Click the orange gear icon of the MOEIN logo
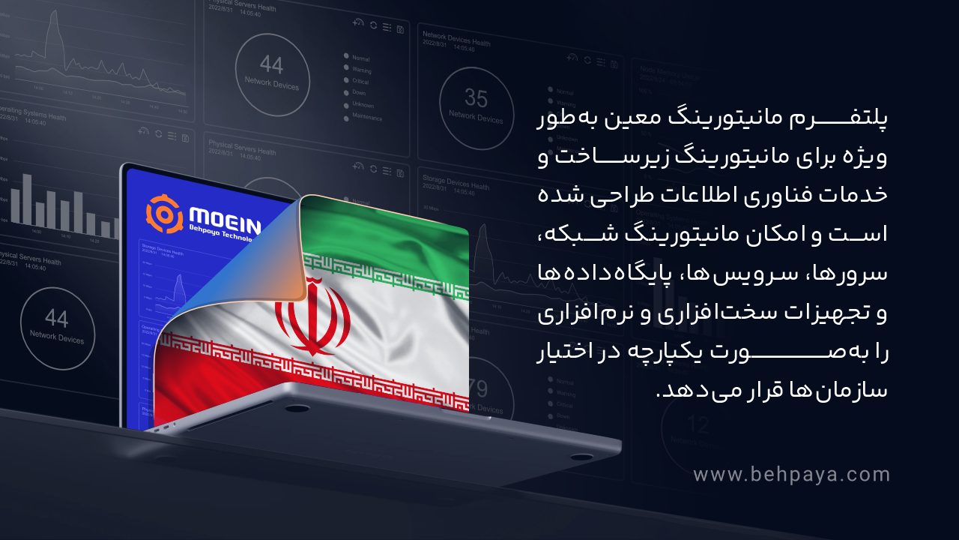pos(164,214)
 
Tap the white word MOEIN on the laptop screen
pos(225,216)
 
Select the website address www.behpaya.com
pos(791,475)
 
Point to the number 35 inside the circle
pos(476,98)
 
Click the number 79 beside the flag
pos(478,388)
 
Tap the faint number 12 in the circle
pos(698,426)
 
